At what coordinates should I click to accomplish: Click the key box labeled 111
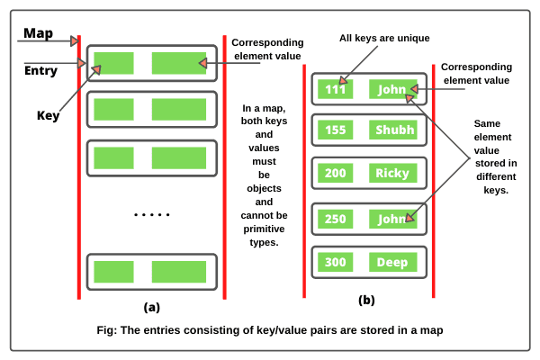(x=335, y=90)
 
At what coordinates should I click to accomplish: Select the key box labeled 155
(x=335, y=130)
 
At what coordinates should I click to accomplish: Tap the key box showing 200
(x=335, y=173)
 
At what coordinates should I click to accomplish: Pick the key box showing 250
(x=335, y=218)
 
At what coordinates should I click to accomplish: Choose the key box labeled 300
(x=335, y=262)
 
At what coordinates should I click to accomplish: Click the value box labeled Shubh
(x=393, y=130)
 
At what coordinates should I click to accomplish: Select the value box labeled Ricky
(x=393, y=173)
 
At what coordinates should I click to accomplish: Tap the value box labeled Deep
(x=393, y=262)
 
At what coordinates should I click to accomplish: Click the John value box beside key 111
(x=393, y=90)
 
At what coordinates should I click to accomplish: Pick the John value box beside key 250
(x=393, y=218)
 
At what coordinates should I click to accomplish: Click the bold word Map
(x=38, y=32)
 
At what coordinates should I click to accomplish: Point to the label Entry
(x=40, y=70)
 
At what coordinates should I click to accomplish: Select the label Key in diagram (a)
(x=48, y=115)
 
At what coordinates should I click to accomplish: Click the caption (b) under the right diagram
(x=366, y=300)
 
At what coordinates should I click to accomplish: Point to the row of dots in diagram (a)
(x=151, y=215)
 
